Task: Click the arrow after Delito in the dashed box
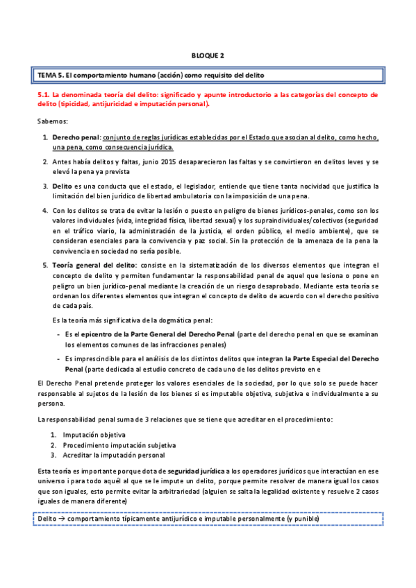pos(61,519)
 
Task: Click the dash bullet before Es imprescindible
pos(58,358)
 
